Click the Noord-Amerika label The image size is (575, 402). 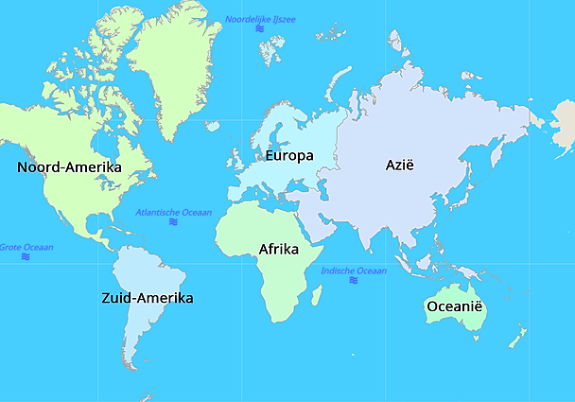[x=70, y=167]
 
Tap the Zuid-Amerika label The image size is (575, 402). [x=147, y=298]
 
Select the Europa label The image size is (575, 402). [x=289, y=155]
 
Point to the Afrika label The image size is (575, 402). [x=279, y=250]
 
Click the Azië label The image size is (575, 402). [x=400, y=165]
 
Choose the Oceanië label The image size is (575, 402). [x=455, y=306]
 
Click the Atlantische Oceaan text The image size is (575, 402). [x=174, y=212]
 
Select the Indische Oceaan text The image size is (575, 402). [x=354, y=271]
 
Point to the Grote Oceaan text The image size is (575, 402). [x=26, y=247]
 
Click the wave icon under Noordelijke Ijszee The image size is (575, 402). [x=260, y=30]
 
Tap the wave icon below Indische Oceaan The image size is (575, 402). [x=353, y=282]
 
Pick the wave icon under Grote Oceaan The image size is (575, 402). [x=26, y=257]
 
